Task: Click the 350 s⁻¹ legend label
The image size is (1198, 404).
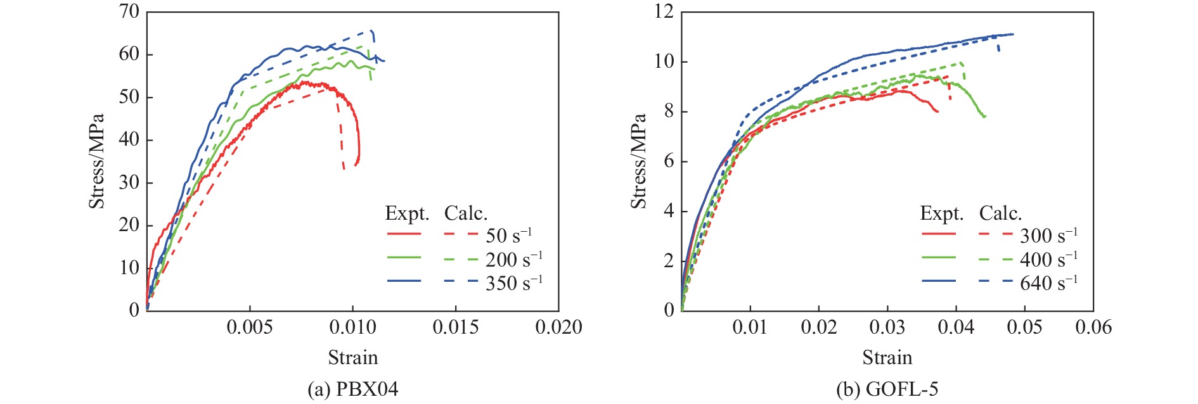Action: coord(513,283)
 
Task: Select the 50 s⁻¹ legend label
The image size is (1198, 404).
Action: coord(508,236)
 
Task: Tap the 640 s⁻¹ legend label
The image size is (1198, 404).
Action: coord(1048,283)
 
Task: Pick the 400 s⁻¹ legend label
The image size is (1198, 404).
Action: coord(1048,259)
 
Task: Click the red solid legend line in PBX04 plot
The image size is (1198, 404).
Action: coord(404,234)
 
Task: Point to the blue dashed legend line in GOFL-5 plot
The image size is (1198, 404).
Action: coord(995,281)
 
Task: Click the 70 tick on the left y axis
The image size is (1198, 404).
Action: coord(129,11)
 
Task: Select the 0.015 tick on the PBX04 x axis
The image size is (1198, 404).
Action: coord(455,327)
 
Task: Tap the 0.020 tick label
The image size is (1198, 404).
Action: coord(558,327)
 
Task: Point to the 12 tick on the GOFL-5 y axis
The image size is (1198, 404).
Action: coord(664,11)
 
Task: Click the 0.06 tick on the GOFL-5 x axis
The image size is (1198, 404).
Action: coord(1093,327)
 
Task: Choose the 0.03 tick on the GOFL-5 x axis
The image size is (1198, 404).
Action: coord(887,327)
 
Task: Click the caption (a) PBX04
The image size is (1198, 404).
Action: coord(352,389)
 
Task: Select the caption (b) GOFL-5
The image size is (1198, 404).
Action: coord(887,389)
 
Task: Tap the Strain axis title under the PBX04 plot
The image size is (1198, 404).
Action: coord(352,358)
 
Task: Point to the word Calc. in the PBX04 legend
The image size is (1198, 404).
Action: coord(466,213)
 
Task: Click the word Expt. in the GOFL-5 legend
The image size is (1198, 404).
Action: coord(941,213)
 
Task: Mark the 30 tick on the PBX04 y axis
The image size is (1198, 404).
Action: coord(129,182)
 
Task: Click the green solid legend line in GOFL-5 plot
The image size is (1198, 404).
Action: coord(939,258)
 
